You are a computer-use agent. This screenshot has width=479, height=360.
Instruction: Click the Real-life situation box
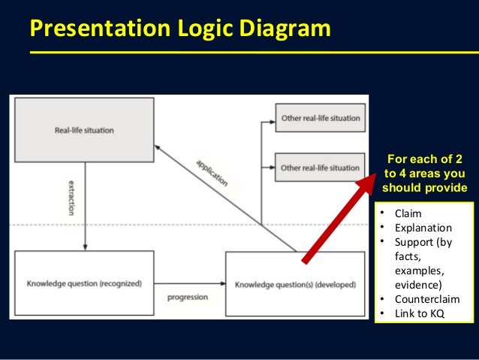[85, 130]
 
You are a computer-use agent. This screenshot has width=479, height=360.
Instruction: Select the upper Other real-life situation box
[320, 118]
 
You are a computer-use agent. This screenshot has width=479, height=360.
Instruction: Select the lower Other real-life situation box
[320, 167]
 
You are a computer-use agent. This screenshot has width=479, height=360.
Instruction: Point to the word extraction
[71, 198]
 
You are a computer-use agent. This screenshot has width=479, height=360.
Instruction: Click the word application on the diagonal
[211, 173]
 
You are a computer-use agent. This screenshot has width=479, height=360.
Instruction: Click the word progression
[188, 296]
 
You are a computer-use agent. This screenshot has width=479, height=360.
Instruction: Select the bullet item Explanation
[424, 228]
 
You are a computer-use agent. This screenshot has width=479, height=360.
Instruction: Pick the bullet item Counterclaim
[427, 299]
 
